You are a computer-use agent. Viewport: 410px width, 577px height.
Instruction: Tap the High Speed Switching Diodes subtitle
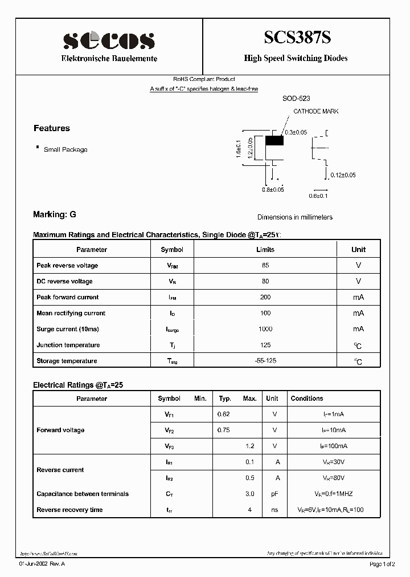[x=296, y=58]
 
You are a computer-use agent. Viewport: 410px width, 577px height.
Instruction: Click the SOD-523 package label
[x=296, y=99]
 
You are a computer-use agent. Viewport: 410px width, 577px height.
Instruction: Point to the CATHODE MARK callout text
[x=315, y=111]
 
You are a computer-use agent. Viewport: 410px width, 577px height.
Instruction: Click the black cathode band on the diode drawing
[x=274, y=140]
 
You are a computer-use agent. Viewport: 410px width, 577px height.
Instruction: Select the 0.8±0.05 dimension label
[x=273, y=189]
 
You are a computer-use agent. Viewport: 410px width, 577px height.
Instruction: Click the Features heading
[x=52, y=128]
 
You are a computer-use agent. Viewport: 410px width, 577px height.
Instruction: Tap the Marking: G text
[x=55, y=214]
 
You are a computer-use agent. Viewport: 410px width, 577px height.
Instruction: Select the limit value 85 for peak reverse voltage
[x=265, y=266]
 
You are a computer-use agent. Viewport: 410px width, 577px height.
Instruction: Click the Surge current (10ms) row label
[x=68, y=329]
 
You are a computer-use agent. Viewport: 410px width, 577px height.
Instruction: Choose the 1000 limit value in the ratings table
[x=265, y=329]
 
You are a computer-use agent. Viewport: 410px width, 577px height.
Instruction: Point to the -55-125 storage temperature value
[x=265, y=361]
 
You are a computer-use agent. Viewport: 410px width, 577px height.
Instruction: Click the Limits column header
[x=265, y=250]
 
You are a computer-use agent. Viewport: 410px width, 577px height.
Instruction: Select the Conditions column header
[x=307, y=399]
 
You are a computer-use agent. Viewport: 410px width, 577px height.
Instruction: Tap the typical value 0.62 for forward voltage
[x=224, y=415]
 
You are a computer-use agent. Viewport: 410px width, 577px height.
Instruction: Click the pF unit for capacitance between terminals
[x=274, y=494]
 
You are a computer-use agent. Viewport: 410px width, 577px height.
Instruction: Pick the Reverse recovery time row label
[x=69, y=510]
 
